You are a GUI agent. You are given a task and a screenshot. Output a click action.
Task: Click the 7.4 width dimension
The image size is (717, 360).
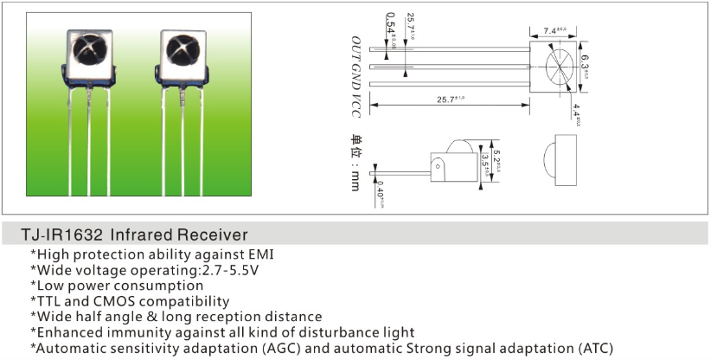[x=554, y=31]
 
